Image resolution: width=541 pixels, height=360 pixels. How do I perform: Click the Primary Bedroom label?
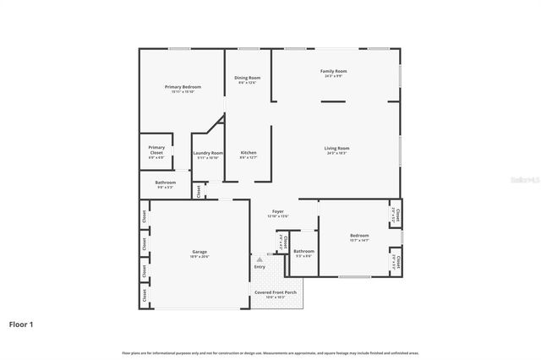coord(183,87)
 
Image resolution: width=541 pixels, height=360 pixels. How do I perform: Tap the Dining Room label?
coord(248,78)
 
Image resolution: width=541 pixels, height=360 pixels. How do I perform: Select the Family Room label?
coord(333,71)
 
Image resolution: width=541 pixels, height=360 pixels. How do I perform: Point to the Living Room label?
coord(336,149)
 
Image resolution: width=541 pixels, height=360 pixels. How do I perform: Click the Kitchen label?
coord(248,153)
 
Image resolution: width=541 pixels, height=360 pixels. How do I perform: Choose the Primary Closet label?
coord(157,150)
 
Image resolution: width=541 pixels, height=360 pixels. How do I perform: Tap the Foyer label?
coord(278,211)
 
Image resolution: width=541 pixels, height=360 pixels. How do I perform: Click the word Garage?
coord(199,252)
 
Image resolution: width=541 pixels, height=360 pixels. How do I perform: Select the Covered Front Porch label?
coord(276,292)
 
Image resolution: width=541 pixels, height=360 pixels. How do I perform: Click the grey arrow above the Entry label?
coord(260,259)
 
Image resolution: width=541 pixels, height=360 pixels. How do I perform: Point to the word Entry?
coord(260,268)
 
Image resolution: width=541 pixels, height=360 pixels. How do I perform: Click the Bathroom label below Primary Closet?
coord(165,183)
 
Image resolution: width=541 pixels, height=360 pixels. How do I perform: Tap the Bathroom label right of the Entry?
coord(303,251)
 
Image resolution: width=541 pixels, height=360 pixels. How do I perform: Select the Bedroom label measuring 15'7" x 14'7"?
coord(359,236)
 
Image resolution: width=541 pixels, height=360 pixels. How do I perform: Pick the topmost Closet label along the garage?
coord(145,215)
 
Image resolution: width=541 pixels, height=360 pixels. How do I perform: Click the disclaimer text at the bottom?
coord(270,352)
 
